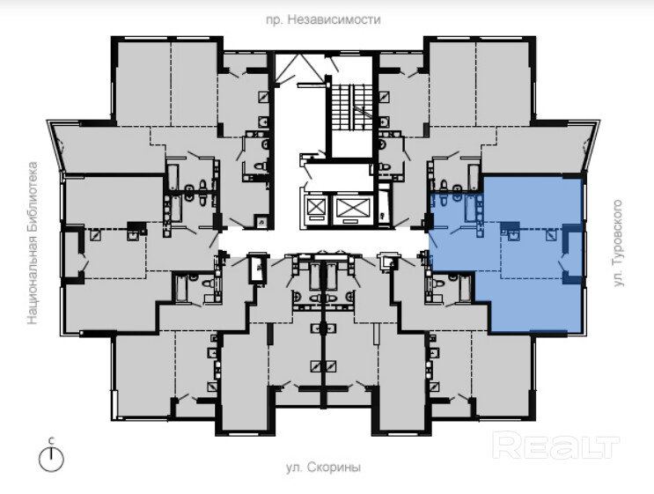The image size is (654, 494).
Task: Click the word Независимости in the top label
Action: tap(334, 19)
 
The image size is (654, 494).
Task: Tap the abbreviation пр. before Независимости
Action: tap(275, 20)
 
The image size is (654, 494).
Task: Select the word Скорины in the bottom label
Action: tap(334, 468)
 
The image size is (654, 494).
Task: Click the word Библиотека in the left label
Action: tap(33, 197)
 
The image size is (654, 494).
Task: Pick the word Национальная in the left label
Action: tap(33, 280)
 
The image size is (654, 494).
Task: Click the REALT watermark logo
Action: tap(555, 446)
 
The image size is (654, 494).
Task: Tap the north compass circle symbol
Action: tap(51, 460)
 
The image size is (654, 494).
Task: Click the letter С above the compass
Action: tap(51, 440)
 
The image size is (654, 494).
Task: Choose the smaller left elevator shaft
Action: tap(313, 207)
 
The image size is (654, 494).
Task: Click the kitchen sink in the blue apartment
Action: tap(513, 236)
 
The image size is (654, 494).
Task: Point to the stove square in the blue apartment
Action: tap(551, 236)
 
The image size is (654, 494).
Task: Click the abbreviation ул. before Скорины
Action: tap(295, 468)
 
